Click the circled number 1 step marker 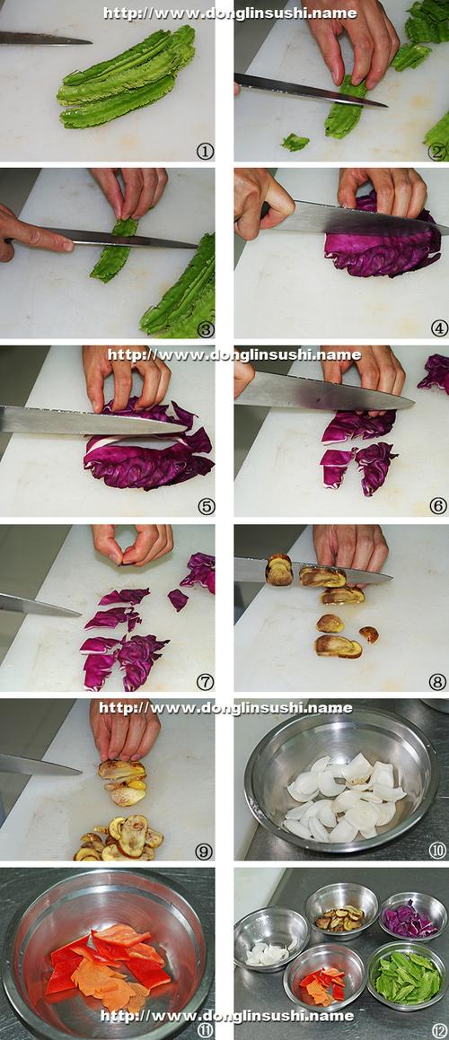point(206,152)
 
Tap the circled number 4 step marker point(439,328)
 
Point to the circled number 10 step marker point(437,851)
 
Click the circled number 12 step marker point(439,1031)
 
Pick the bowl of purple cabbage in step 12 point(412,916)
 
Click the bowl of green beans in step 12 point(407,974)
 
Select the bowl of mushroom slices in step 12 point(342,910)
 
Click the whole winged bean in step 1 point(128,77)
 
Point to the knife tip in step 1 point(91,41)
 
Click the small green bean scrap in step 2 point(295,142)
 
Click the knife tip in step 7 point(81,615)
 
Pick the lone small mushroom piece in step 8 point(369,634)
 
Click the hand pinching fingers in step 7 point(133,544)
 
